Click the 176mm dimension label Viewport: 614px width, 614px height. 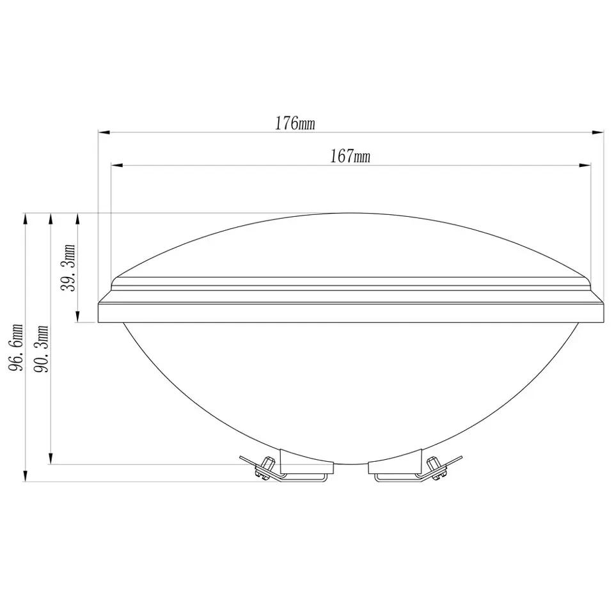(295, 123)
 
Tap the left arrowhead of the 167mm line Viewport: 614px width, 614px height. (117, 166)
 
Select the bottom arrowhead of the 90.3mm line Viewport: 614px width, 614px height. (51, 459)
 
